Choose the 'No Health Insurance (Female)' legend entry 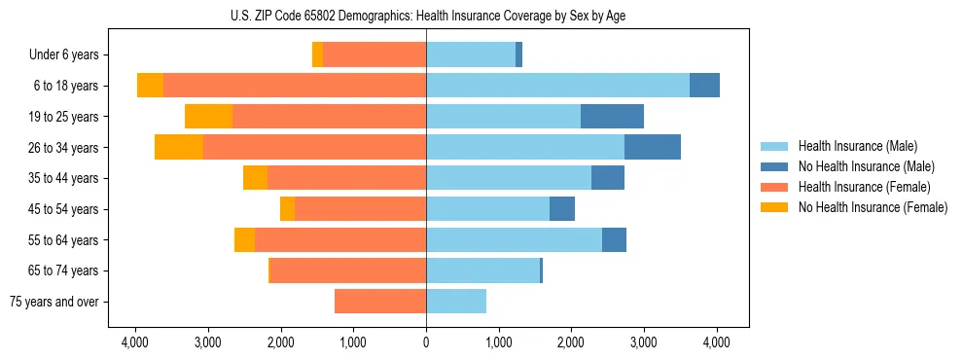coord(873,207)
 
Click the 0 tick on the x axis coord(426,342)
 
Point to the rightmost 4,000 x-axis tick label coord(717,342)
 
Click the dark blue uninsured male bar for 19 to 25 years coord(612,117)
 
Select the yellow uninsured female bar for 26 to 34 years coord(178,147)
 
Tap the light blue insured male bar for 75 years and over coord(456,302)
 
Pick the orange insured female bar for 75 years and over coord(380,302)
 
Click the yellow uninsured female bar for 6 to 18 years coord(150,86)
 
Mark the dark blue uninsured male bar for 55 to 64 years coord(614,239)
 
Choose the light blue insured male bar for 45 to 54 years coord(487,209)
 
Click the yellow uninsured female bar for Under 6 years coord(317,55)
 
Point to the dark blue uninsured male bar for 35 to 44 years coord(608,178)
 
